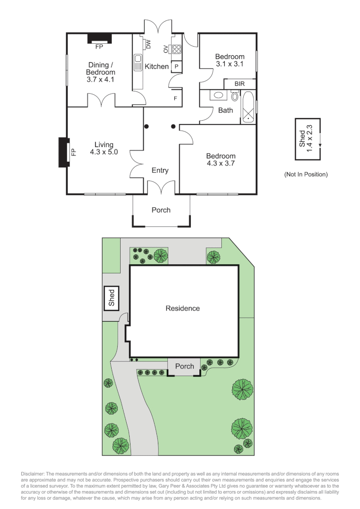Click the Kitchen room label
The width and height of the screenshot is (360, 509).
pyautogui.click(x=156, y=66)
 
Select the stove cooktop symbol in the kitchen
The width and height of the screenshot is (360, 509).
pyautogui.click(x=176, y=49)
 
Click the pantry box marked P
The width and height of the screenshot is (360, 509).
pyautogui.click(x=176, y=67)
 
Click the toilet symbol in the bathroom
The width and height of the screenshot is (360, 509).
pyautogui.click(x=235, y=96)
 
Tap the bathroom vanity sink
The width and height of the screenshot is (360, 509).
pyautogui.click(x=218, y=96)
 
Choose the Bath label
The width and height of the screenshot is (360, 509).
pyautogui.click(x=225, y=110)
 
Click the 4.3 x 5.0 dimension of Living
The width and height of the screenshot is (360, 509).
pyautogui.click(x=104, y=152)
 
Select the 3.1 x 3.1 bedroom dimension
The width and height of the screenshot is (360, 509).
pyautogui.click(x=230, y=64)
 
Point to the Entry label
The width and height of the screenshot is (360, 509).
pyautogui.click(x=160, y=171)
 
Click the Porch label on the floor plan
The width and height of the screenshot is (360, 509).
pyautogui.click(x=161, y=210)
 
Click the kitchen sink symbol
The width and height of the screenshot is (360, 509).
pyautogui.click(x=138, y=62)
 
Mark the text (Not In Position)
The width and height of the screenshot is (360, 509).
pyautogui.click(x=305, y=174)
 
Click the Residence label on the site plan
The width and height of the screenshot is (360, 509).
pyautogui.click(x=182, y=309)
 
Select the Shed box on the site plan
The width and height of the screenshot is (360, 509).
pyautogui.click(x=111, y=298)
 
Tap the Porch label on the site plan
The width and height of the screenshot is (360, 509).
pyautogui.click(x=184, y=366)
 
